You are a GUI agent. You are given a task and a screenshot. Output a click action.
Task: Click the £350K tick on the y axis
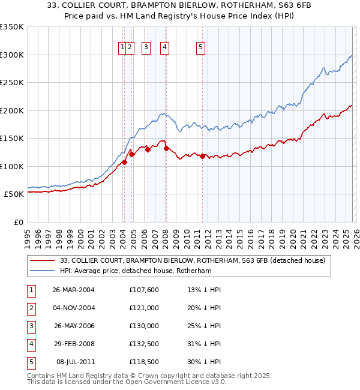[11, 27]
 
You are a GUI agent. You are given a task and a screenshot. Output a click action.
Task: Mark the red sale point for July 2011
[202, 156]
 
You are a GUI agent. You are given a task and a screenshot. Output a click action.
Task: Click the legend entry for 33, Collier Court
[192, 260]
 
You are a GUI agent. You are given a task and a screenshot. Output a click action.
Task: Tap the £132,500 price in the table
[144, 344]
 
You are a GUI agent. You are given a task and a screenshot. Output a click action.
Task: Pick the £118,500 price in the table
[144, 362]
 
